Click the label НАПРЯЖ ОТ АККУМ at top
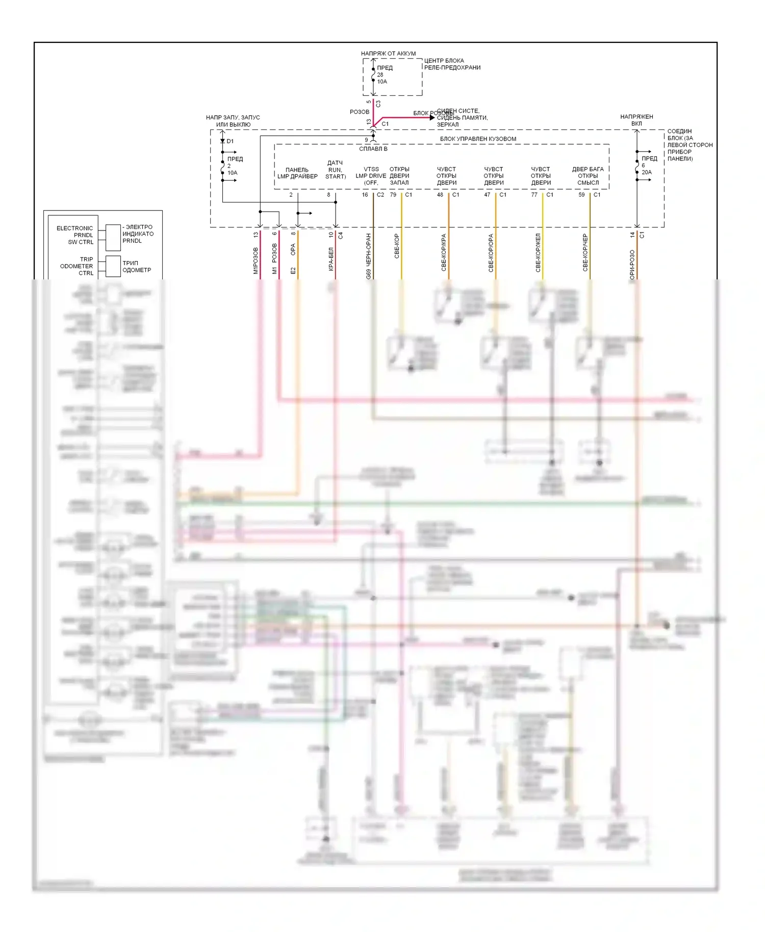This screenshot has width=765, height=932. point(388,54)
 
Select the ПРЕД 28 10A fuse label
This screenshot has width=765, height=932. point(385,74)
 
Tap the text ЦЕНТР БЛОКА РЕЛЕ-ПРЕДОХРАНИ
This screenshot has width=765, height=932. point(452,64)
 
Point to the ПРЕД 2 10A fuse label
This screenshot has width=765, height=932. point(235,166)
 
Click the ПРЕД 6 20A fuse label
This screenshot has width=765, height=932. point(649,165)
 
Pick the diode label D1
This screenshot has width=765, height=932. point(230,141)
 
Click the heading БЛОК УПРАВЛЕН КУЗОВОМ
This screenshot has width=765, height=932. point(478,139)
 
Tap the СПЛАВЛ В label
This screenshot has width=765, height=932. point(373,149)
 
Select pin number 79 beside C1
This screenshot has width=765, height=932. point(393,195)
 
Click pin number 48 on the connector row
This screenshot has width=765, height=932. point(440,195)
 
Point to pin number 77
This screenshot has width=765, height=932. point(534,195)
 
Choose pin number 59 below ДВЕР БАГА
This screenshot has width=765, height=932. point(581,195)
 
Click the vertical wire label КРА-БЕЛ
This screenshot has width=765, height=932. point(331,259)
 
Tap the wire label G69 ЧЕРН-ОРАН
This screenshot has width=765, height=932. point(369,256)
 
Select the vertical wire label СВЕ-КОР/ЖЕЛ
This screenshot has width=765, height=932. point(538,253)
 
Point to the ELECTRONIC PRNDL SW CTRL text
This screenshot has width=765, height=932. point(75,235)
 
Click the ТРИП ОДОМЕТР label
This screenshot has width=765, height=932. point(137,267)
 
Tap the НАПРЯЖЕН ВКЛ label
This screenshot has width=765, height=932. point(636,120)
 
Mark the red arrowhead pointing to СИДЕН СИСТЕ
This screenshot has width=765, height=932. point(432,118)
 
